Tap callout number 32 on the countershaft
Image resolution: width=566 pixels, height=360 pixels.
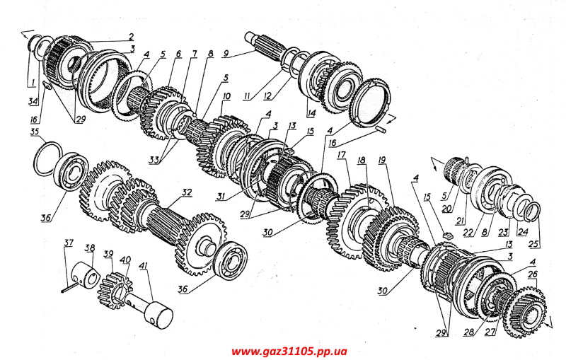click(187, 192)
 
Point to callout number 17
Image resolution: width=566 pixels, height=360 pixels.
click(341, 155)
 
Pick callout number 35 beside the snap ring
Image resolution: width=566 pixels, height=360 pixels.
click(34, 132)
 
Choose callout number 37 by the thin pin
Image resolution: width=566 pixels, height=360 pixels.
click(69, 244)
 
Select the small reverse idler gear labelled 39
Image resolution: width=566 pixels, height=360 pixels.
click(113, 286)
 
